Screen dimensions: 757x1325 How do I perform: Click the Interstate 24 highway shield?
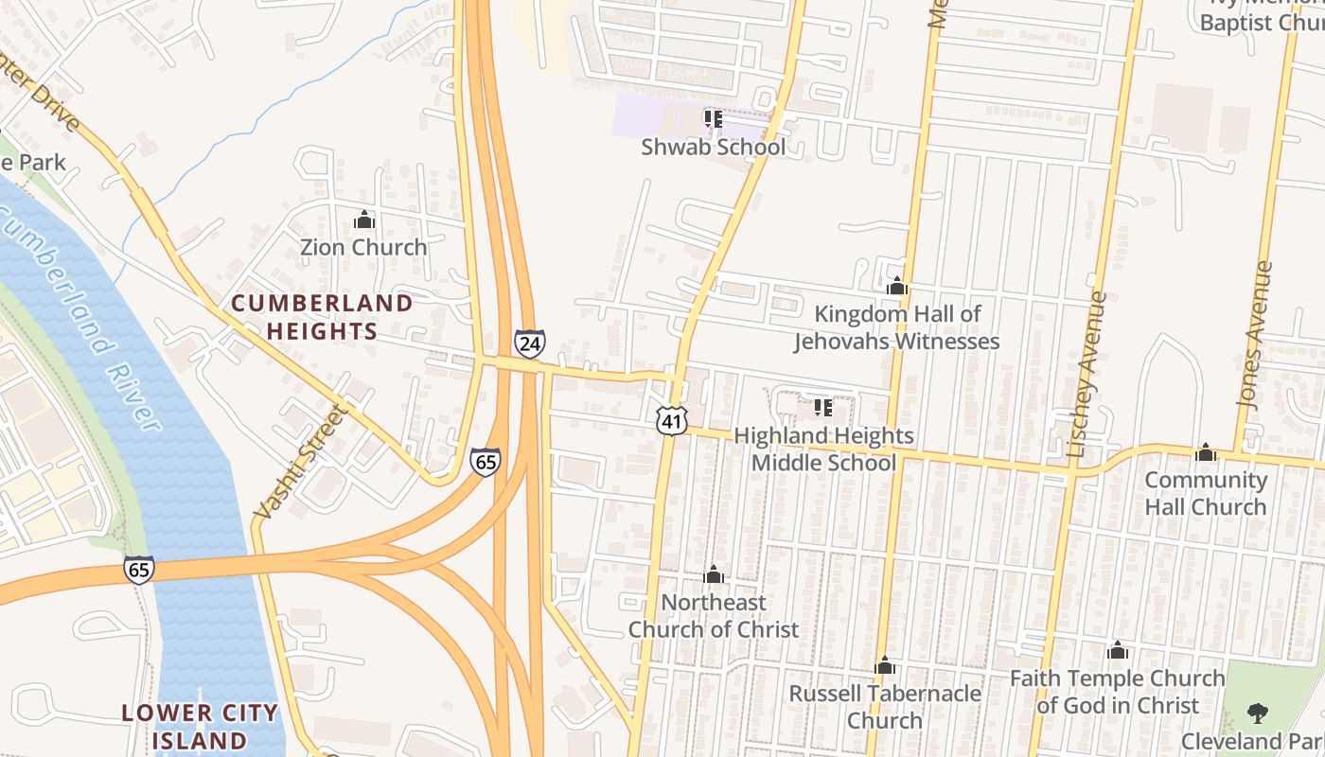click(529, 343)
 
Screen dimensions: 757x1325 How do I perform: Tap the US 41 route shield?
click(671, 421)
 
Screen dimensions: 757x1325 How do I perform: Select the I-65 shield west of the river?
click(138, 570)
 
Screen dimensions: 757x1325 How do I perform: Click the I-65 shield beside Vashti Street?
click(485, 462)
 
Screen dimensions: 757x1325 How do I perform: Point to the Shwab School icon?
click(713, 119)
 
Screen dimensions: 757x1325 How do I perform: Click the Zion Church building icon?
click(363, 220)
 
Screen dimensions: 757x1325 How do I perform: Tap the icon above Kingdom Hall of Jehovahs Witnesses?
click(896, 286)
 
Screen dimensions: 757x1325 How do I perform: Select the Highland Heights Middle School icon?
click(822, 408)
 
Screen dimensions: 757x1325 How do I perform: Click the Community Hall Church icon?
click(1205, 452)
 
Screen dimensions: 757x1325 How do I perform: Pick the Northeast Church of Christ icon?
click(714, 574)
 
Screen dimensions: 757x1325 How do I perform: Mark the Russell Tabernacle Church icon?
click(884, 665)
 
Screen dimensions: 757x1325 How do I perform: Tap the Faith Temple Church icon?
click(1117, 650)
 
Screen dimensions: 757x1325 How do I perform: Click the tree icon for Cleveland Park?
click(1257, 713)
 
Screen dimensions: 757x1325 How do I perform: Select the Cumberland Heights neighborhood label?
click(322, 317)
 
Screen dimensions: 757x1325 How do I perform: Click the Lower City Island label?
click(200, 726)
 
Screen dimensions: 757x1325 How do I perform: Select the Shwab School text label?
click(713, 148)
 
